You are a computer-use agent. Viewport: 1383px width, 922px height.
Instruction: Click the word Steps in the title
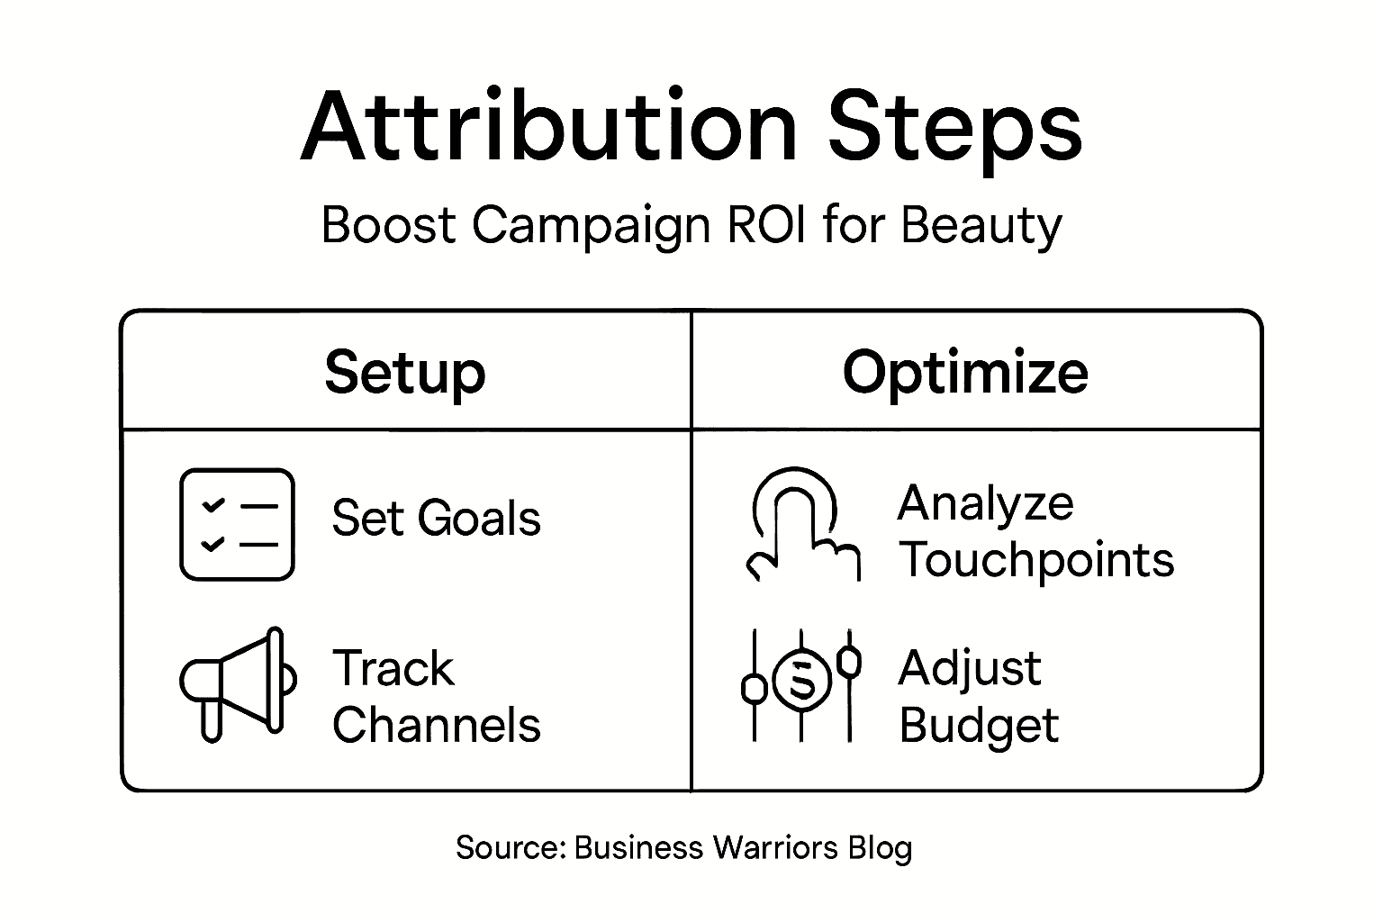tap(954, 128)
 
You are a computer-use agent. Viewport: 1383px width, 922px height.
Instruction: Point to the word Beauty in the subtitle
tap(981, 226)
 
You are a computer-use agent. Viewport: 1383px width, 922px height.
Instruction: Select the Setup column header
tap(405, 372)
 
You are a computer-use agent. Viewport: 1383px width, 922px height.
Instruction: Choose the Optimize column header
tap(965, 372)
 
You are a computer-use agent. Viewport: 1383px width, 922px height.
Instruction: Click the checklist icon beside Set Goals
tap(238, 524)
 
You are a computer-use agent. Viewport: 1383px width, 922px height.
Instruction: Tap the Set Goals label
tap(436, 519)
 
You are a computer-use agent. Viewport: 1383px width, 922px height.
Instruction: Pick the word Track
tap(393, 668)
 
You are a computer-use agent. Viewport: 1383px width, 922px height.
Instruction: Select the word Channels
tap(437, 725)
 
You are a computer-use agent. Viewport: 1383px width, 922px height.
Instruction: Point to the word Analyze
tap(985, 503)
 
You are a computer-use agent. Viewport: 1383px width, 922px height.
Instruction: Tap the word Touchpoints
tap(1036, 560)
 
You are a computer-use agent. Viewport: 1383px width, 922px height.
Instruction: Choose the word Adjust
tap(970, 668)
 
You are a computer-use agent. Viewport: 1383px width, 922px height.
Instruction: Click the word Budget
tap(979, 726)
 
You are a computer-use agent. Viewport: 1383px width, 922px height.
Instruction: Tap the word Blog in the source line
tap(880, 849)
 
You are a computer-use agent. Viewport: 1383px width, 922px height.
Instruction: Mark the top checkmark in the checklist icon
tap(213, 506)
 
